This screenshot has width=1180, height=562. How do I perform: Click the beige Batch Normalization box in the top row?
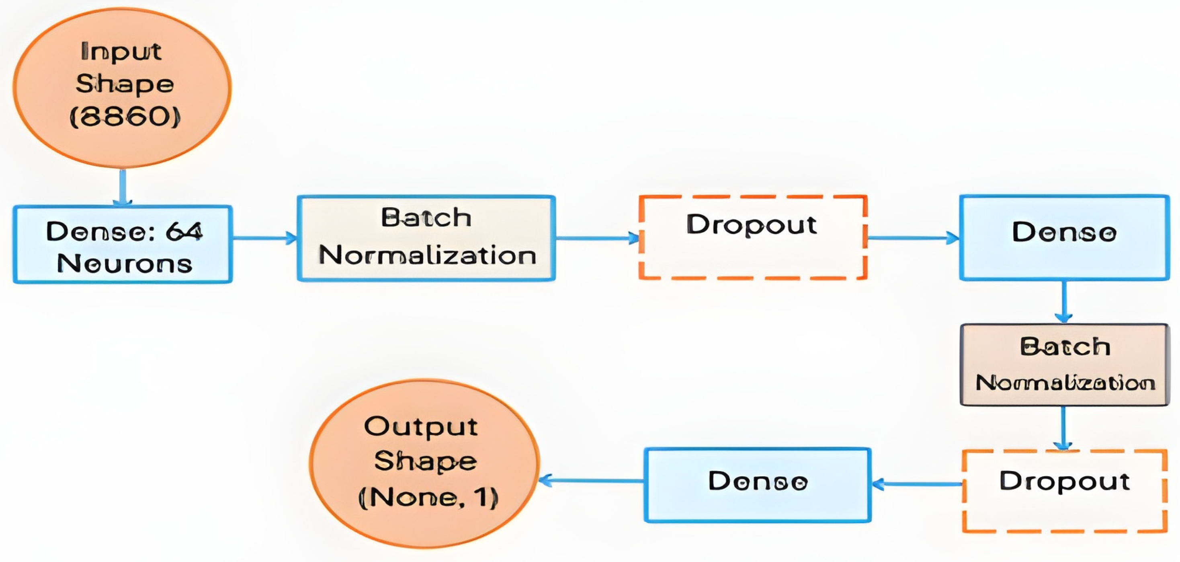(x=426, y=238)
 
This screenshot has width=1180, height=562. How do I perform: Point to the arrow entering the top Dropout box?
(x=597, y=238)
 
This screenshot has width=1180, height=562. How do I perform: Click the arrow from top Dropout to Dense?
(x=913, y=238)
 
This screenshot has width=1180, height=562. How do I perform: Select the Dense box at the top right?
(x=1064, y=238)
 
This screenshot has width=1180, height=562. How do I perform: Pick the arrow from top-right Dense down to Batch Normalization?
(x=1063, y=302)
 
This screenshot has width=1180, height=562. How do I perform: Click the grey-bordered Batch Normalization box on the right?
(x=1064, y=365)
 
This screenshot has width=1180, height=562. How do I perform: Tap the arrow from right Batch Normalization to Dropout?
(x=1063, y=428)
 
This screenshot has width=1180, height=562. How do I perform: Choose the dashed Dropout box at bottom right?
(x=1064, y=491)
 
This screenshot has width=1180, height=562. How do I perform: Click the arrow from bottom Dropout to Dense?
(x=917, y=484)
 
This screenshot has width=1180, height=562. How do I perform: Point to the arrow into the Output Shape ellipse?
(x=591, y=481)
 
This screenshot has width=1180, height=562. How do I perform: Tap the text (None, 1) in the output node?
(x=428, y=498)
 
